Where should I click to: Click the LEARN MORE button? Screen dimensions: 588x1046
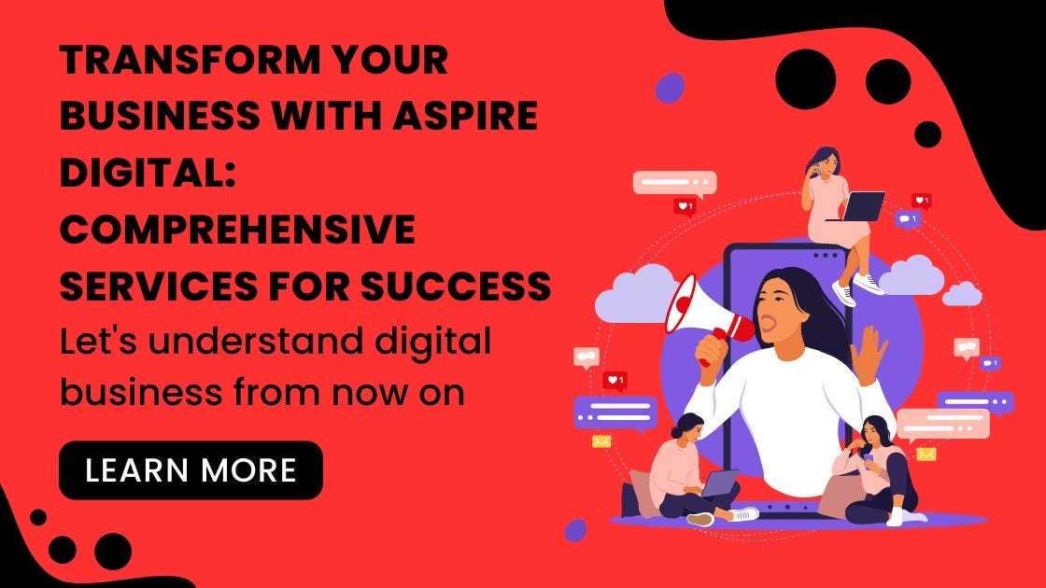(x=191, y=470)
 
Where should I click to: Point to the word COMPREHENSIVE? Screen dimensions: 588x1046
(x=237, y=231)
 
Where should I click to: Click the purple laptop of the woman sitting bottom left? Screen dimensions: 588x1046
(x=718, y=483)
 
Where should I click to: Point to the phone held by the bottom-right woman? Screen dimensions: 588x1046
(x=855, y=447)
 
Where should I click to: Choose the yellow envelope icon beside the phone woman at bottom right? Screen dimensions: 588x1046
(x=926, y=454)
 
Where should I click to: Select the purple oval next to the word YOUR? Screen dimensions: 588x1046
(x=669, y=88)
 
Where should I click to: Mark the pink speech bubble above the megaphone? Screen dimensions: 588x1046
(x=673, y=181)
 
